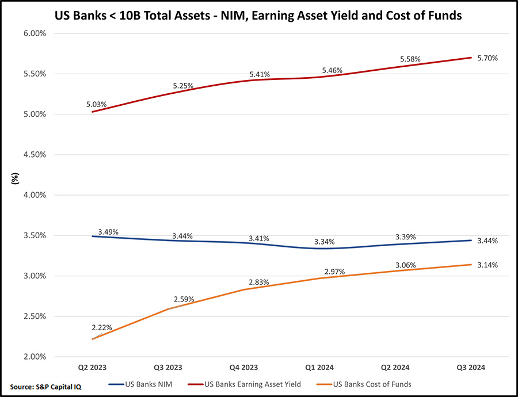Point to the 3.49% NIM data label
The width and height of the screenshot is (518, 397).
pos(108,232)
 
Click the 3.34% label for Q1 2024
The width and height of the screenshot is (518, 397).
pos(324,241)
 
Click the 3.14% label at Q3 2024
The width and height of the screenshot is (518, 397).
pos(487,265)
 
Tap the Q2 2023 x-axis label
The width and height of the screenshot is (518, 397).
pos(92,367)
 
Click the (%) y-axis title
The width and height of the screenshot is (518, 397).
pos(16,178)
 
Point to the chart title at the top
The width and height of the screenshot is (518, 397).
pos(258,16)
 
